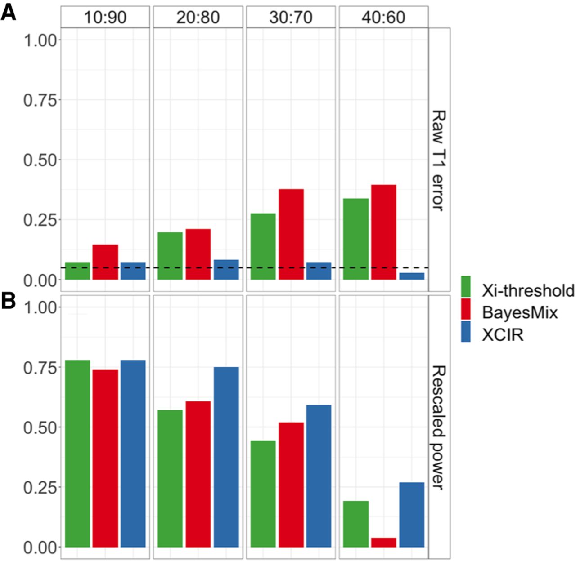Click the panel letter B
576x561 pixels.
(9, 301)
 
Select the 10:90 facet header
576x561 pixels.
(105, 18)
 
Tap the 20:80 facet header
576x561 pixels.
(198, 18)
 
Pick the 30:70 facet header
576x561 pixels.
(291, 18)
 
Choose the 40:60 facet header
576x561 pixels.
(383, 18)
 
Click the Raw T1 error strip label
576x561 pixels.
(439, 160)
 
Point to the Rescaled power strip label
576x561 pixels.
(439, 427)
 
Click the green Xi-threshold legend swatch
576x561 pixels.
(466, 287)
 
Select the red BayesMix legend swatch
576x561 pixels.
(466, 310)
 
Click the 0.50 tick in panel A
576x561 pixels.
(40, 160)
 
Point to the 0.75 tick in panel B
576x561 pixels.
(40, 367)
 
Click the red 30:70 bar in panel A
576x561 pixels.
(291, 234)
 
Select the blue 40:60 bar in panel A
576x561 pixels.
(412, 276)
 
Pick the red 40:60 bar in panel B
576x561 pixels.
(383, 543)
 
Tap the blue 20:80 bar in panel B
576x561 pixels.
(226, 457)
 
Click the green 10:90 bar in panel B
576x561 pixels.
(77, 454)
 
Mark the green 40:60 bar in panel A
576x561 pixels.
(355, 239)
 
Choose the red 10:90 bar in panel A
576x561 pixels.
(105, 262)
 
